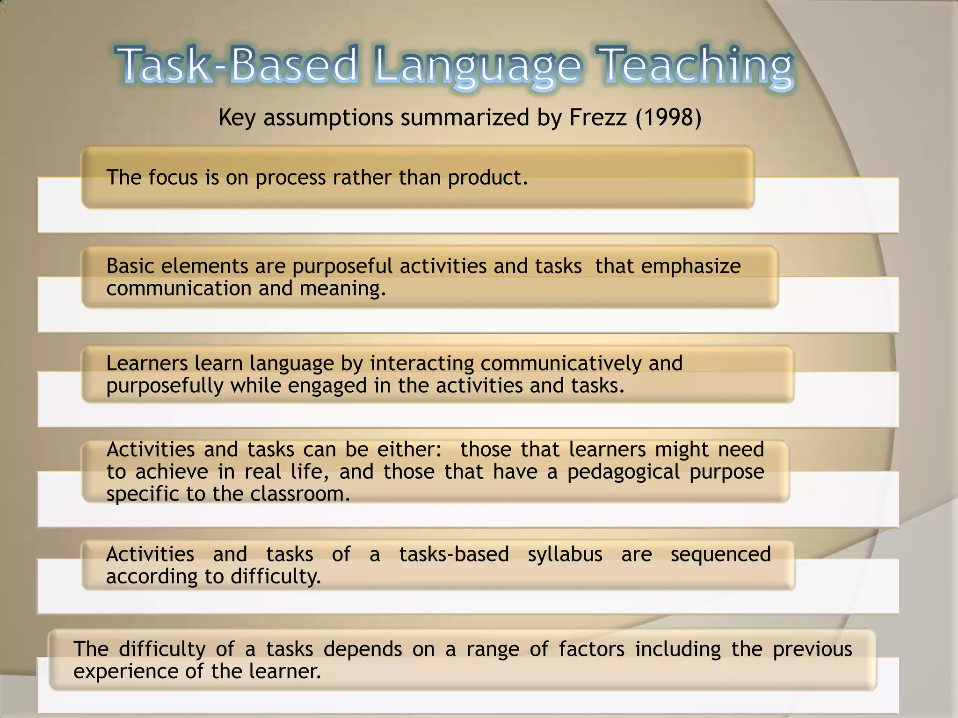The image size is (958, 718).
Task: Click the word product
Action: click(487, 178)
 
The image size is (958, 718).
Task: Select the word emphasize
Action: click(691, 266)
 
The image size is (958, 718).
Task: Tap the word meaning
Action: click(342, 288)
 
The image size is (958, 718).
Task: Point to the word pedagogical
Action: click(623, 472)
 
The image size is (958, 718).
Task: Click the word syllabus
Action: click(565, 554)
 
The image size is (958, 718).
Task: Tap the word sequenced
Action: click(720, 554)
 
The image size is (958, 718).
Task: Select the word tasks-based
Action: click(454, 554)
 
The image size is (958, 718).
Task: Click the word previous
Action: click(812, 649)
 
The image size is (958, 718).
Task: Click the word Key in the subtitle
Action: click(237, 117)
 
